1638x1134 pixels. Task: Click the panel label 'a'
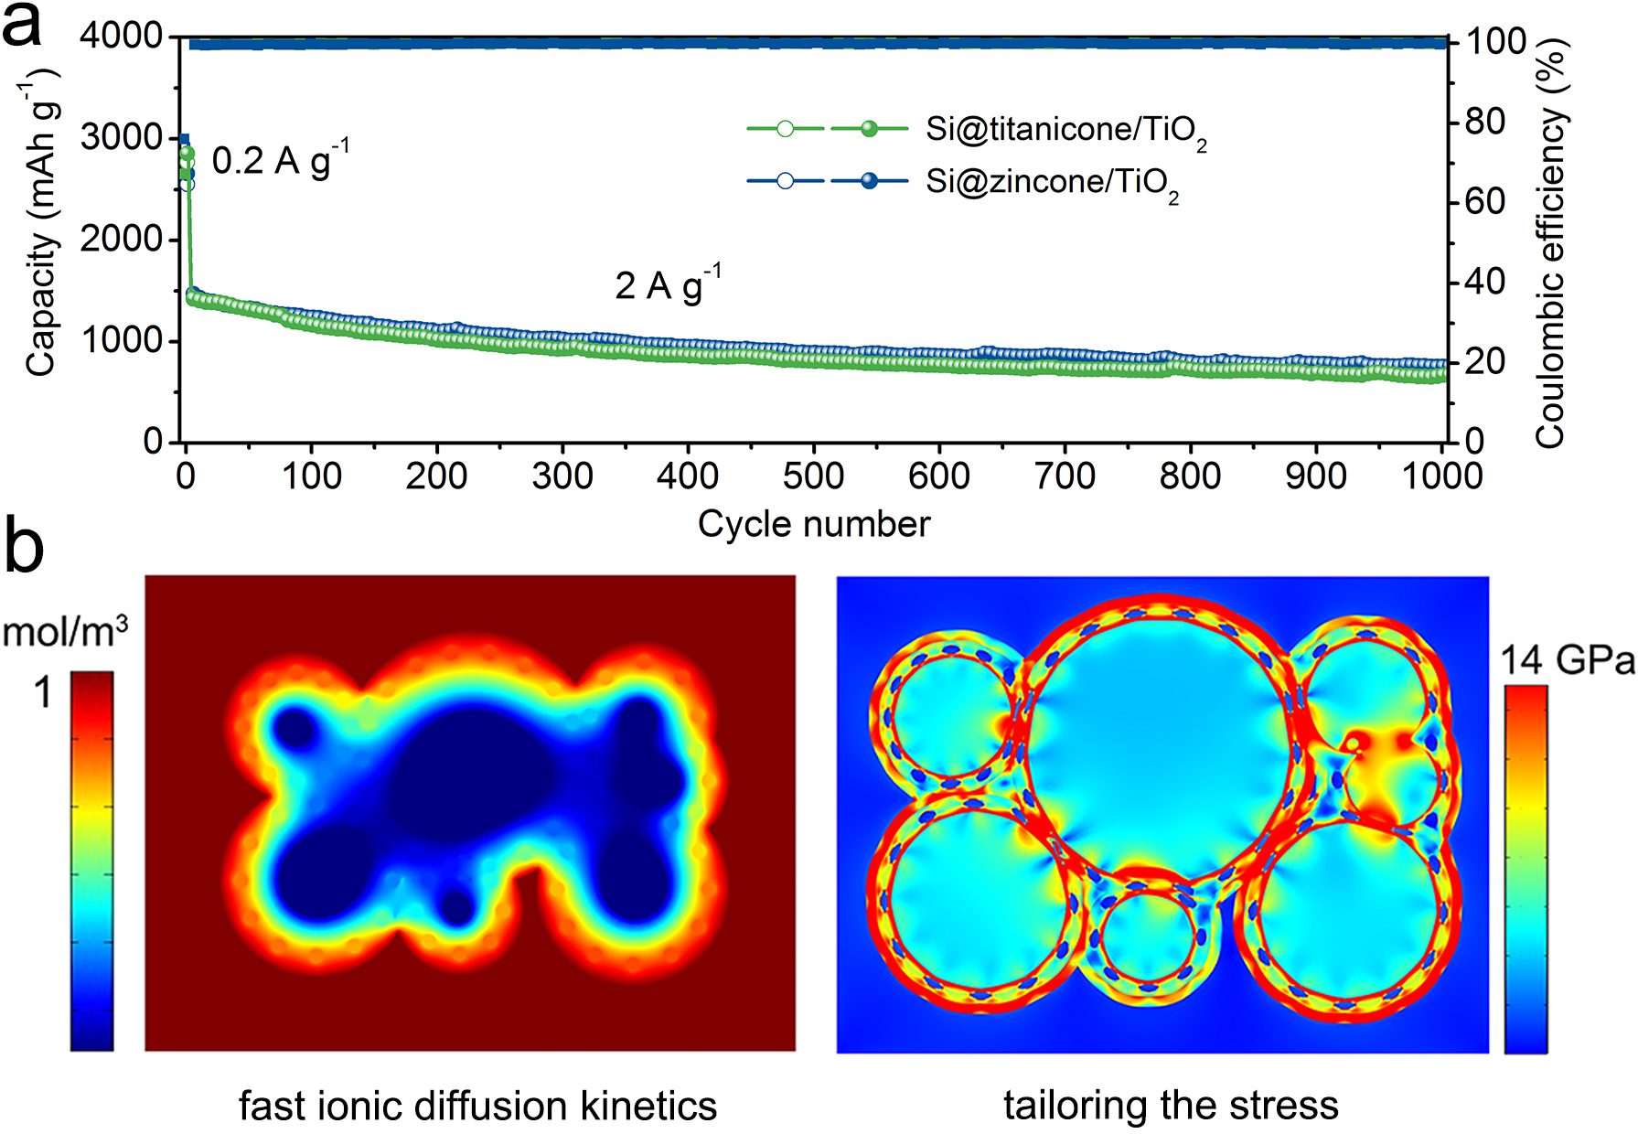click(x=22, y=26)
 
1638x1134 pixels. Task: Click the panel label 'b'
click(x=24, y=548)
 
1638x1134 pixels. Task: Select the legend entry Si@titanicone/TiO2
click(x=1065, y=130)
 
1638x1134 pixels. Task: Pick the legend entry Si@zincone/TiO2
click(x=1052, y=182)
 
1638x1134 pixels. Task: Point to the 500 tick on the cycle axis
click(x=813, y=476)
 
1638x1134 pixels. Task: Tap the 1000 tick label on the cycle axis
click(x=1441, y=476)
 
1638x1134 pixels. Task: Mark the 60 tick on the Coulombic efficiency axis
click(x=1484, y=201)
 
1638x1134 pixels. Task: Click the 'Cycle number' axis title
click(x=813, y=524)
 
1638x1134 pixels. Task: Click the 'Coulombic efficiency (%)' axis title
click(x=1551, y=242)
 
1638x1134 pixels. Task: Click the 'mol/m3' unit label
click(x=65, y=631)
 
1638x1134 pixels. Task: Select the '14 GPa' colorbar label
click(x=1567, y=660)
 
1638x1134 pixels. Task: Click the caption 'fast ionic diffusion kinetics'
click(x=477, y=1106)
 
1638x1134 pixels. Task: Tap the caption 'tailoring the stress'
click(x=1171, y=1105)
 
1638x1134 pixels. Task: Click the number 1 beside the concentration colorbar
click(x=42, y=693)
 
